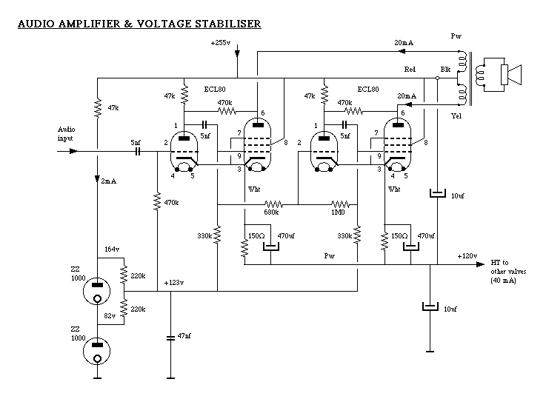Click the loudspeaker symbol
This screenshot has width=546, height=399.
tap(509, 74)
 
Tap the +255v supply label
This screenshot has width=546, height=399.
tap(220, 44)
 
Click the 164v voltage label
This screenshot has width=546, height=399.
tap(112, 249)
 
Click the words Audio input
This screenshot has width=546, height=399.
tap(67, 133)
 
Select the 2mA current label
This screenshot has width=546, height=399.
tap(109, 181)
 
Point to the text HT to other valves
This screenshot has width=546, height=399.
tap(508, 270)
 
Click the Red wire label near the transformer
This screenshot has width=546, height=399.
tap(410, 70)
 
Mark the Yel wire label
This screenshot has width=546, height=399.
tap(455, 115)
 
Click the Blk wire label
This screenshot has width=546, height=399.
tap(445, 70)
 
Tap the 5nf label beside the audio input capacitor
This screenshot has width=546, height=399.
tap(135, 141)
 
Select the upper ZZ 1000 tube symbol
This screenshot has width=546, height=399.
tap(96, 289)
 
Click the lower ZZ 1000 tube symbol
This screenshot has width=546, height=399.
tap(96, 351)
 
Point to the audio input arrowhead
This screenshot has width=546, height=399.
tap(73, 151)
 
